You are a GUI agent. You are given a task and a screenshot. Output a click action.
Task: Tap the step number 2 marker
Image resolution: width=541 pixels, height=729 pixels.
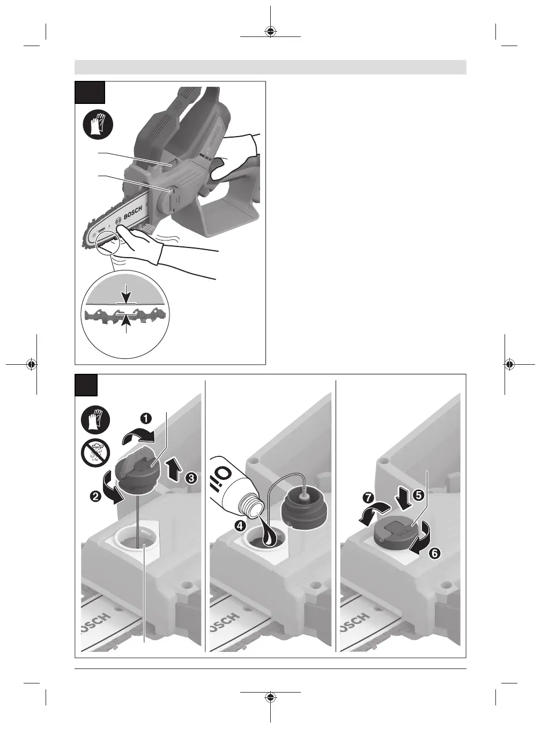point(95,496)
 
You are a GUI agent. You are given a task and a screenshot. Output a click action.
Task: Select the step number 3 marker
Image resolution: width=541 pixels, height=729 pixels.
point(191,478)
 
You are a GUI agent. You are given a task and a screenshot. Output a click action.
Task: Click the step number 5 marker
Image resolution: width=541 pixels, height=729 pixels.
point(418,494)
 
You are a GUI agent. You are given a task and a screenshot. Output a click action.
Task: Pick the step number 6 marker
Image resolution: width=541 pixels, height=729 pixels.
point(434,553)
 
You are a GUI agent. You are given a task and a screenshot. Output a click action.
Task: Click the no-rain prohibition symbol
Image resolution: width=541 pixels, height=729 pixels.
point(95,452)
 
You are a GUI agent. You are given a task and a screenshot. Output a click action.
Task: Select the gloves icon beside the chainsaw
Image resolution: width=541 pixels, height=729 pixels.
point(98,125)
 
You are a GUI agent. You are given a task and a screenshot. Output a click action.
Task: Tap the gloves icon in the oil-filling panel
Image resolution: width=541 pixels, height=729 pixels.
point(95,420)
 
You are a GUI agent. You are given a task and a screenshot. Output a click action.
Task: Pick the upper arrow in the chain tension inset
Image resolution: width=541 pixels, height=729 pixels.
point(127,293)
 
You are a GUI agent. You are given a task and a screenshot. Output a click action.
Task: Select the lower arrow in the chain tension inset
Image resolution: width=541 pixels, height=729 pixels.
point(127,324)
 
